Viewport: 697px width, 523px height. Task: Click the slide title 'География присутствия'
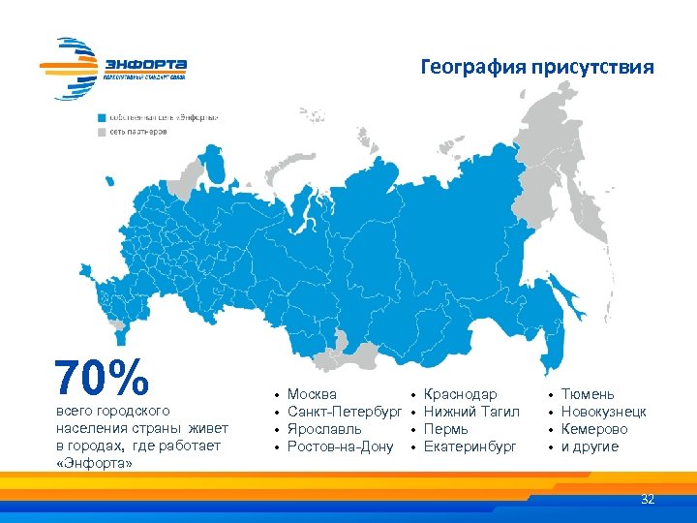coord(537,68)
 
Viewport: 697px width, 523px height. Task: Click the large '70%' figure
coord(103,378)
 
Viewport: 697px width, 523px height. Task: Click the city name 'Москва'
coord(313,394)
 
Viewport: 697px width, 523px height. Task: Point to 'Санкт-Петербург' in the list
coord(345,412)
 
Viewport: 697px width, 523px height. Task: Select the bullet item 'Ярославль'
coord(325,429)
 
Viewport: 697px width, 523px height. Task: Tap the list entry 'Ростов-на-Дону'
coord(341,446)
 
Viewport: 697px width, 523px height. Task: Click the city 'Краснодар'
coord(461,394)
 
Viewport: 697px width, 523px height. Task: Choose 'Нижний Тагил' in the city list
coord(472,412)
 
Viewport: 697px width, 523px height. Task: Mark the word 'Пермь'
coord(446,429)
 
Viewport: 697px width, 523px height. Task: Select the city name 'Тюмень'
coord(588,394)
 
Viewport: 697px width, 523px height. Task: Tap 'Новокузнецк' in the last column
coord(604,412)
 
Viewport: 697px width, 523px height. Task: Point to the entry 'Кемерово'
coord(594,429)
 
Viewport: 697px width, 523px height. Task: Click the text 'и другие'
coord(590,446)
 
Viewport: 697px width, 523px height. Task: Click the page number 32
coord(648,500)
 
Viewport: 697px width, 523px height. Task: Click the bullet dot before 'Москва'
coord(277,395)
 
